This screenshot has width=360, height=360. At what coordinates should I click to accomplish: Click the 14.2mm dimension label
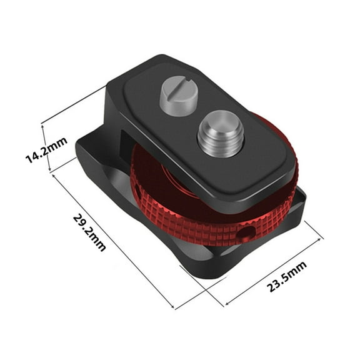[46, 151]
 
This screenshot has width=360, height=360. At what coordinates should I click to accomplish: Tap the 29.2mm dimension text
[89, 232]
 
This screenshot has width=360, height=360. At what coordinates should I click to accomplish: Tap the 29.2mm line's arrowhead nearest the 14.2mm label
[56, 176]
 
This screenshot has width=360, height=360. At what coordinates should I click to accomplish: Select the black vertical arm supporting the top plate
[119, 125]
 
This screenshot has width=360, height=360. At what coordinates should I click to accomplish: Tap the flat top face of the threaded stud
[217, 119]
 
